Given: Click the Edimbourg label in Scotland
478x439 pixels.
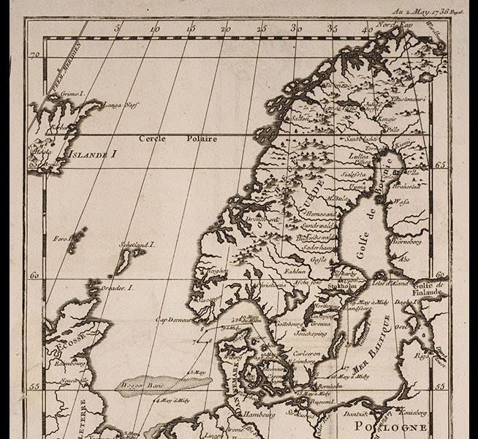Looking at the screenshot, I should coord(68,361).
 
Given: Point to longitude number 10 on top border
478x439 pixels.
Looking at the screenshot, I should coord(154,29).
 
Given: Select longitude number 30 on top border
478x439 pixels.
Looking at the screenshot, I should coord(296,29).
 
